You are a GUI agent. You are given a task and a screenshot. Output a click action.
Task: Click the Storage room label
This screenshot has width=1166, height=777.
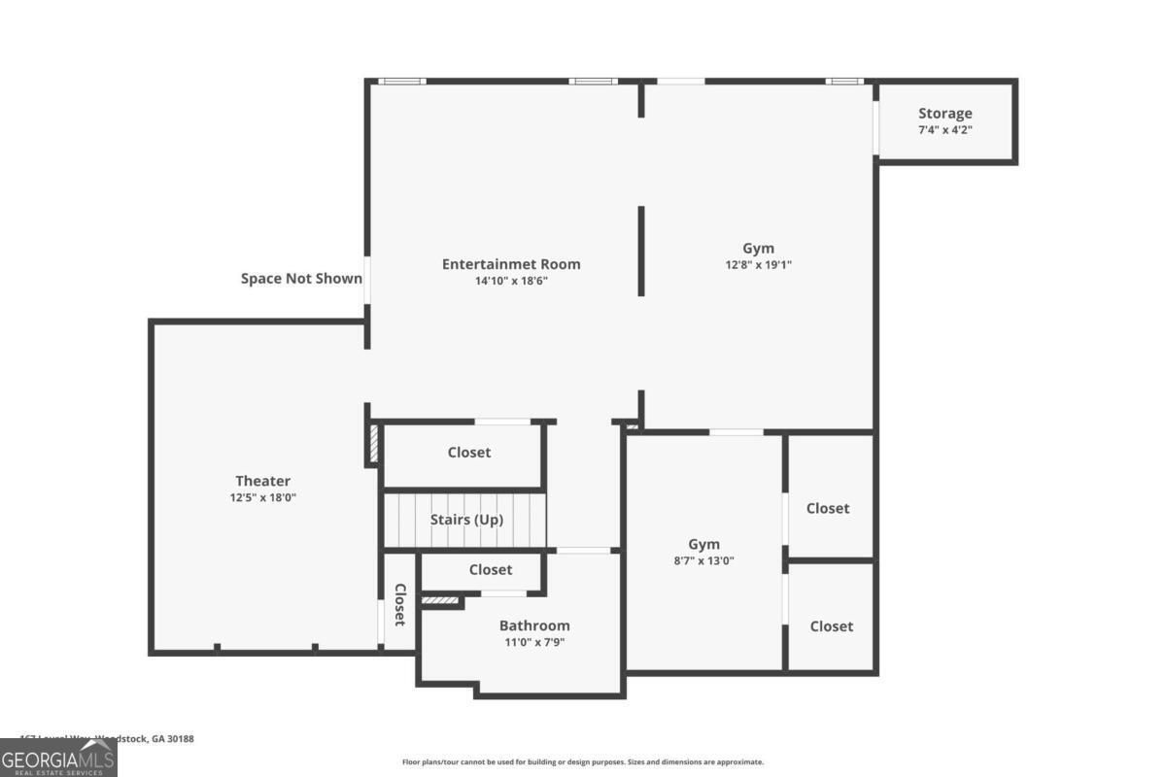coord(944,114)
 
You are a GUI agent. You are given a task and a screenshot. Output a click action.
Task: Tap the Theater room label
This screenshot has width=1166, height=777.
coord(262,481)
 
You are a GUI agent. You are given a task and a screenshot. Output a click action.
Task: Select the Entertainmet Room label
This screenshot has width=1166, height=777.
coord(511,264)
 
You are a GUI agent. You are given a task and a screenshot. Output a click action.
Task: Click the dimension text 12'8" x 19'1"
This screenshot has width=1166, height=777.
coord(758,264)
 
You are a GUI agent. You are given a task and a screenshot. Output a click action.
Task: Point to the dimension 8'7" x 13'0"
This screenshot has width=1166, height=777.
coord(704,560)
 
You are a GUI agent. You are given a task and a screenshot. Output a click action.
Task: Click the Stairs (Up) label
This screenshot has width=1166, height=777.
coord(466,520)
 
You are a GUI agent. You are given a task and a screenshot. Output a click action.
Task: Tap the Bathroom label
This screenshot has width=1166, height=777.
coord(534,625)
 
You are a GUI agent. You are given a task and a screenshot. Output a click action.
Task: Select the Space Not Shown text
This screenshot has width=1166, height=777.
coord(301,279)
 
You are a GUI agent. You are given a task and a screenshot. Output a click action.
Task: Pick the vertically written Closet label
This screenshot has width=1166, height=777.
coord(398,604)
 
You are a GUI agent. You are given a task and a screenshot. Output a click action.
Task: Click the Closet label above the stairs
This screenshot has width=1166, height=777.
coord(469,452)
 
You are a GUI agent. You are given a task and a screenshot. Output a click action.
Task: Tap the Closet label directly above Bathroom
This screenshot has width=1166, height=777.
coord(491,570)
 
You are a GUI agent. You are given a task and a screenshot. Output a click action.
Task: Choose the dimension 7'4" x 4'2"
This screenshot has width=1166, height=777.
coord(944,129)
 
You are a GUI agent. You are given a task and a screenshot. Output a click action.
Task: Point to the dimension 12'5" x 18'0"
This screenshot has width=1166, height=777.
coord(262,497)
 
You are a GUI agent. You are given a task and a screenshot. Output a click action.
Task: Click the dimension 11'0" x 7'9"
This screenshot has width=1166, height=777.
coord(534,641)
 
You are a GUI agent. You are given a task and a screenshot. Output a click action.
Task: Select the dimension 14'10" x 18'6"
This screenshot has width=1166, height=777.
coord(511,281)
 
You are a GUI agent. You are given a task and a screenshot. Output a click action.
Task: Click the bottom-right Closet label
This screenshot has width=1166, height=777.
coord(832,626)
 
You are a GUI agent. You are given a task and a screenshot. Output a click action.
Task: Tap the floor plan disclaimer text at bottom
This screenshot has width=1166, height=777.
coord(583,762)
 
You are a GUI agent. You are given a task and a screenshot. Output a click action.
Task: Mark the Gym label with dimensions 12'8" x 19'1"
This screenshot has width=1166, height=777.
coord(758,249)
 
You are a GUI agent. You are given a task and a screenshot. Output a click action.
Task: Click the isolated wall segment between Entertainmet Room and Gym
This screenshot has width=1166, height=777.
coord(641,250)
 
